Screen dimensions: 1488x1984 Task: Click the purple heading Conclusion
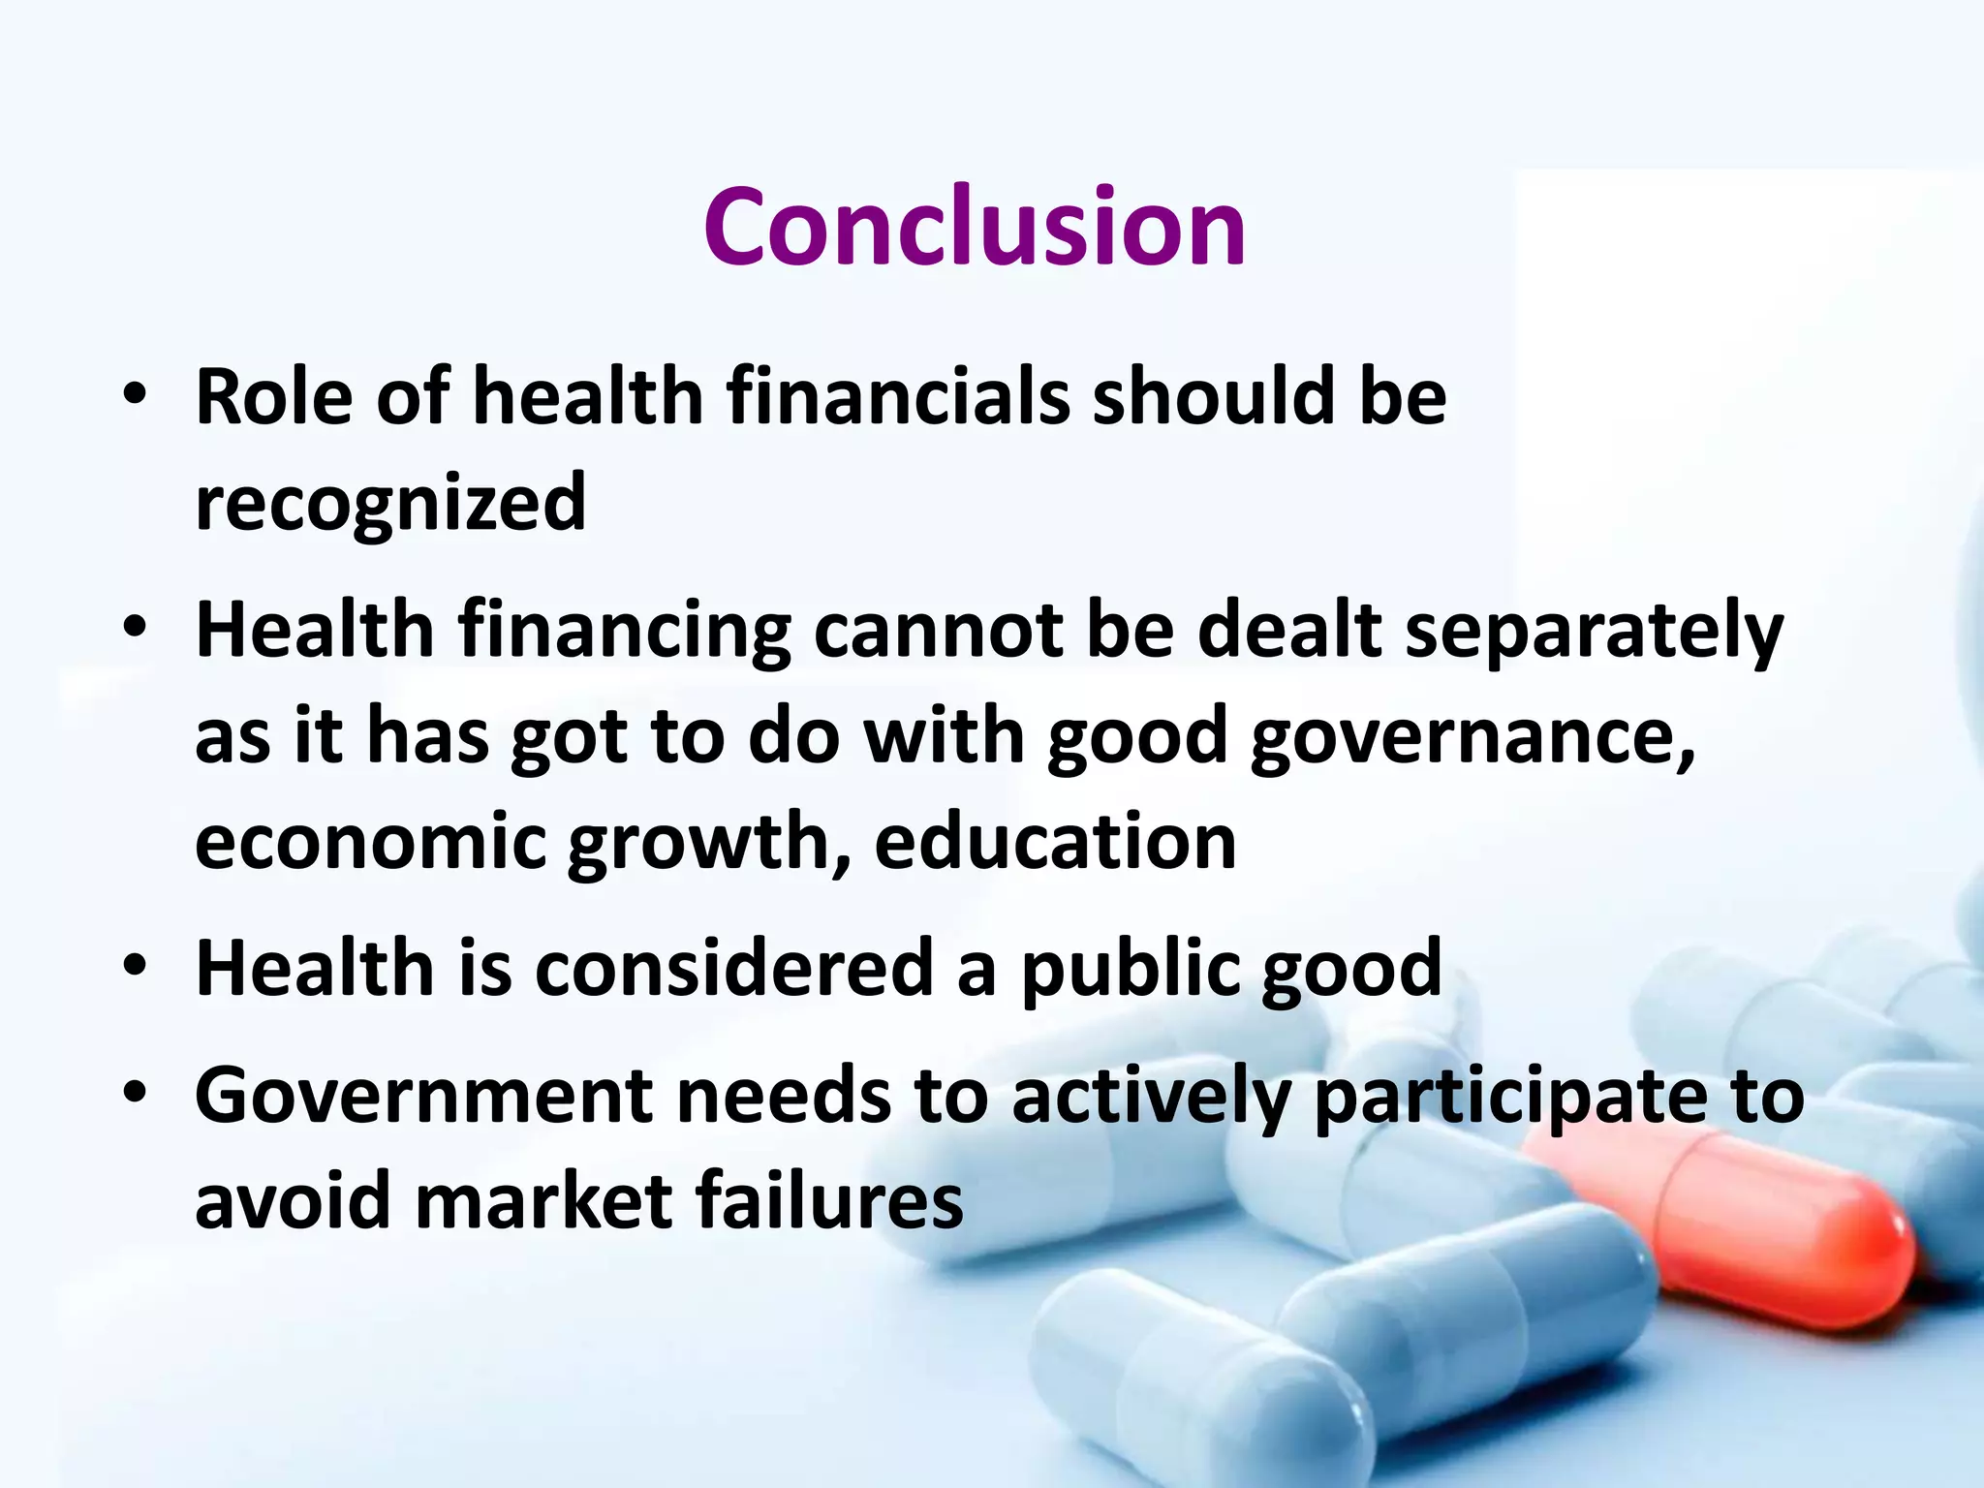(974, 228)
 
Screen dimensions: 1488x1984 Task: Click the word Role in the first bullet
(274, 397)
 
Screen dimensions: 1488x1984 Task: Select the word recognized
(390, 504)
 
